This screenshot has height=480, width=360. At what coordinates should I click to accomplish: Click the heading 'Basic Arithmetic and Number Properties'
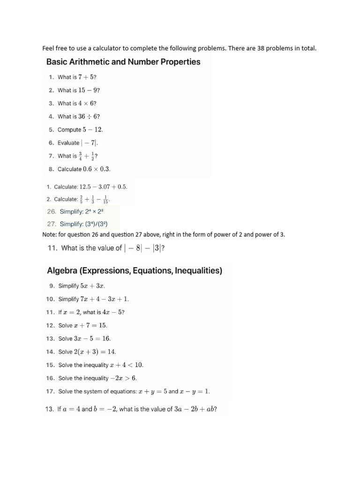click(123, 62)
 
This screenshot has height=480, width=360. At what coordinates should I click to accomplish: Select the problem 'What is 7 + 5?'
click(77, 77)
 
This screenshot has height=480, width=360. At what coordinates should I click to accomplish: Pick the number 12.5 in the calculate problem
click(86, 187)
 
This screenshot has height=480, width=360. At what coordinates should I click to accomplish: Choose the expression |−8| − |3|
click(142, 248)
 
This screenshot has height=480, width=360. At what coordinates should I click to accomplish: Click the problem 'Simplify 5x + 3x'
click(78, 285)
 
